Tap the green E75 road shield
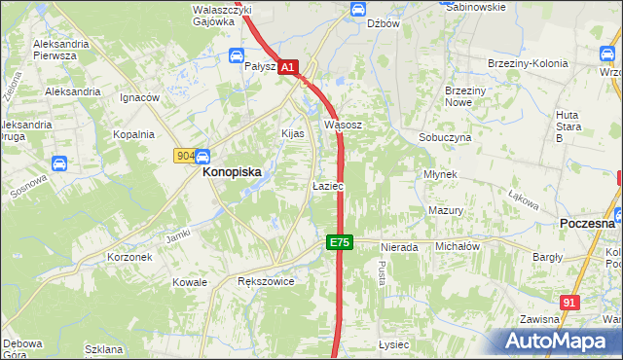click(x=338, y=241)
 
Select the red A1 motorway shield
click(x=288, y=67)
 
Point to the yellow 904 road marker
click(x=185, y=156)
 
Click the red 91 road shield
click(x=570, y=304)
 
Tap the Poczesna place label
click(x=588, y=223)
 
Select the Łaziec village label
click(x=326, y=186)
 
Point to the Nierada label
click(x=399, y=248)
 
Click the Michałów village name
click(x=458, y=247)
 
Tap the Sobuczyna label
click(x=445, y=138)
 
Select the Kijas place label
click(x=293, y=133)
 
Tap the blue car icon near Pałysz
click(x=237, y=55)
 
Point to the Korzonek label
click(x=129, y=257)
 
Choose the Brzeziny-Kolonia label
click(x=527, y=64)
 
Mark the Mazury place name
click(x=444, y=210)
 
